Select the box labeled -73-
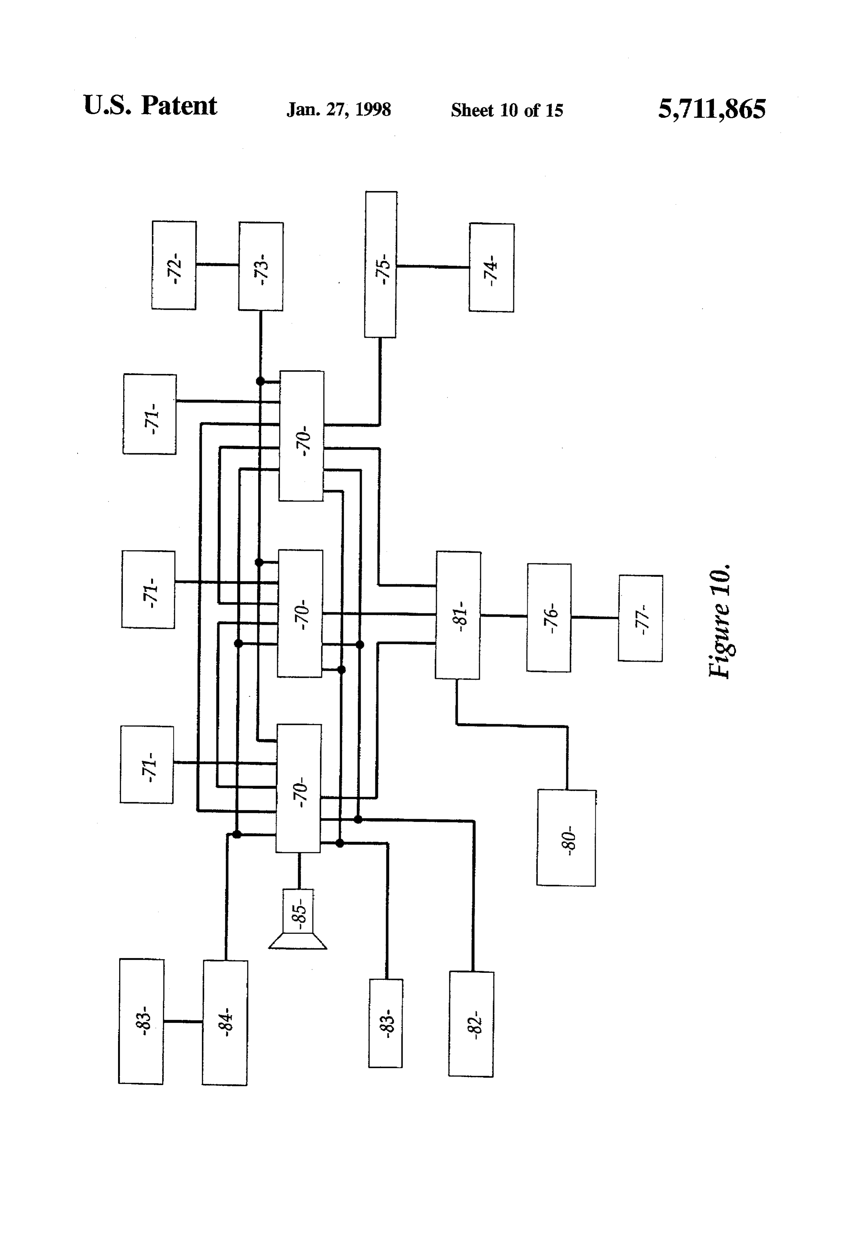click(261, 266)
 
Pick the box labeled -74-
click(491, 267)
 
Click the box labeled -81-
click(458, 615)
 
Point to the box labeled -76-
click(549, 617)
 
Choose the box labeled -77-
click(640, 619)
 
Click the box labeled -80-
click(566, 837)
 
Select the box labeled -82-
click(471, 1024)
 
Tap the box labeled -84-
click(225, 1023)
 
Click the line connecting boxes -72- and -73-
click(217, 265)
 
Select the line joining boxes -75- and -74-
click(433, 266)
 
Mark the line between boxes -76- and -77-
click(595, 617)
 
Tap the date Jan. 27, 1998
click(339, 110)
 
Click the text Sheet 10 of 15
click(507, 110)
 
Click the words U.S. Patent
click(150, 105)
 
